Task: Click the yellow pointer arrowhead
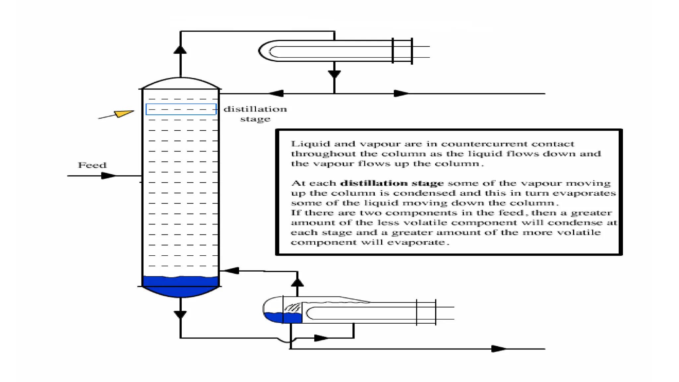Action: point(124,113)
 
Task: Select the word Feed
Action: point(92,165)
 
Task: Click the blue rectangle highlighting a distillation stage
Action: point(181,109)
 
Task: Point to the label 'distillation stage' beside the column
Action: point(255,114)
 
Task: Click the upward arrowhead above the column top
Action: point(180,50)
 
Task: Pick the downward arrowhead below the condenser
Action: point(334,74)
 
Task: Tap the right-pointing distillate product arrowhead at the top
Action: point(401,94)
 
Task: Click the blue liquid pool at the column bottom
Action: point(180,286)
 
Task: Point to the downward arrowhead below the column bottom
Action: point(180,314)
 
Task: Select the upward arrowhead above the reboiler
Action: point(297,283)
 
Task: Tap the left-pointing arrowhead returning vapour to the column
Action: point(231,271)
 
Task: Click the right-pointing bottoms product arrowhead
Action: point(498,349)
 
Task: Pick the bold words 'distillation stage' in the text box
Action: point(392,183)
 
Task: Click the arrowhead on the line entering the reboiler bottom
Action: point(321,338)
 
